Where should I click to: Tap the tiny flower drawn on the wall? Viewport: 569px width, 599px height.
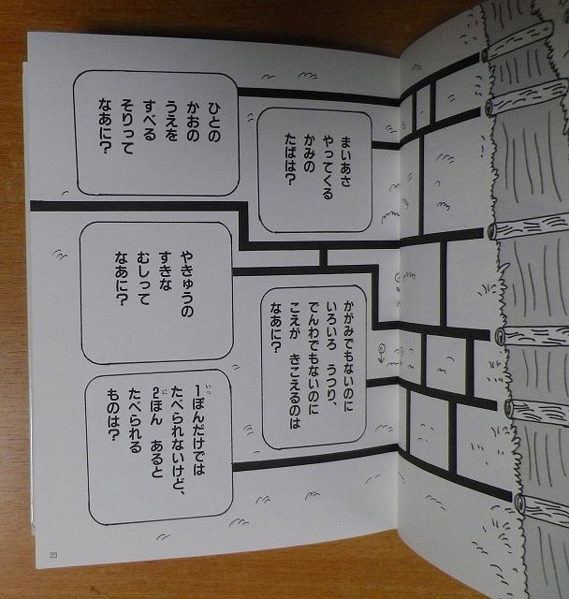(x=383, y=354)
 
